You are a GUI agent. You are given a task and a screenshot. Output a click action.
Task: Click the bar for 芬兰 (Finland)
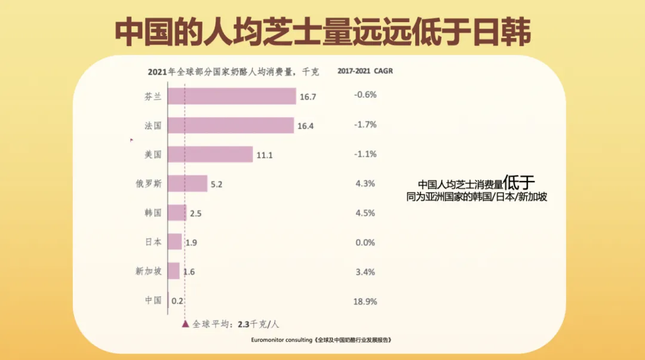coord(232,96)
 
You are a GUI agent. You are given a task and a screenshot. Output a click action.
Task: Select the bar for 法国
coord(231,125)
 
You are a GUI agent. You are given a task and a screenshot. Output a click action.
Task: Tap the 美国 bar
coord(210,155)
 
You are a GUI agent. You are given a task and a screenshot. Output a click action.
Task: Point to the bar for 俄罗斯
coord(188,184)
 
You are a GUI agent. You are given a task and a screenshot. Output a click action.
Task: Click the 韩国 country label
coord(153,213)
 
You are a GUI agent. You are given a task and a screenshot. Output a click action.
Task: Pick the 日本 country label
coord(153,242)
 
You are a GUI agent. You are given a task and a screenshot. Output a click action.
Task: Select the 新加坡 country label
coord(148,271)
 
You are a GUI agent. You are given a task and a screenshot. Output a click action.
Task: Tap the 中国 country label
coord(153,300)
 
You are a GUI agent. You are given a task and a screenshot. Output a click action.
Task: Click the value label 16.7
coord(308,97)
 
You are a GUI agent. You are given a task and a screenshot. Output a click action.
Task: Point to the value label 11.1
coord(264,155)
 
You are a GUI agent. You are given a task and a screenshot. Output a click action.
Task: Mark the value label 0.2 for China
coord(177,301)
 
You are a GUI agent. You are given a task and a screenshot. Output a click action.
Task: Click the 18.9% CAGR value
coord(365,301)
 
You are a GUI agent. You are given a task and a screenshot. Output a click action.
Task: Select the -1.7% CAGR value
coord(365,125)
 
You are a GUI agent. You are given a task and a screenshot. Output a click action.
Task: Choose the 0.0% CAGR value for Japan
coord(365,242)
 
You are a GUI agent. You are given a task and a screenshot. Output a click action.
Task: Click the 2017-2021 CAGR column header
coord(365,71)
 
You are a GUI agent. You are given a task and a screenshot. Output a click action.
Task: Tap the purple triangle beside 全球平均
coord(185,324)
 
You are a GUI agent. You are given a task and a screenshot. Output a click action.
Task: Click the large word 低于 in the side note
coord(518,181)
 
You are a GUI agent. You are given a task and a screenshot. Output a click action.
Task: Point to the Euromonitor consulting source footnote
coord(322,340)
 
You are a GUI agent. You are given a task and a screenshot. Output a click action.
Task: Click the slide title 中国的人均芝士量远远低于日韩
coord(322,33)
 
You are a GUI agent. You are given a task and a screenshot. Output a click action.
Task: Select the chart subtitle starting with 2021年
coord(233,72)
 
